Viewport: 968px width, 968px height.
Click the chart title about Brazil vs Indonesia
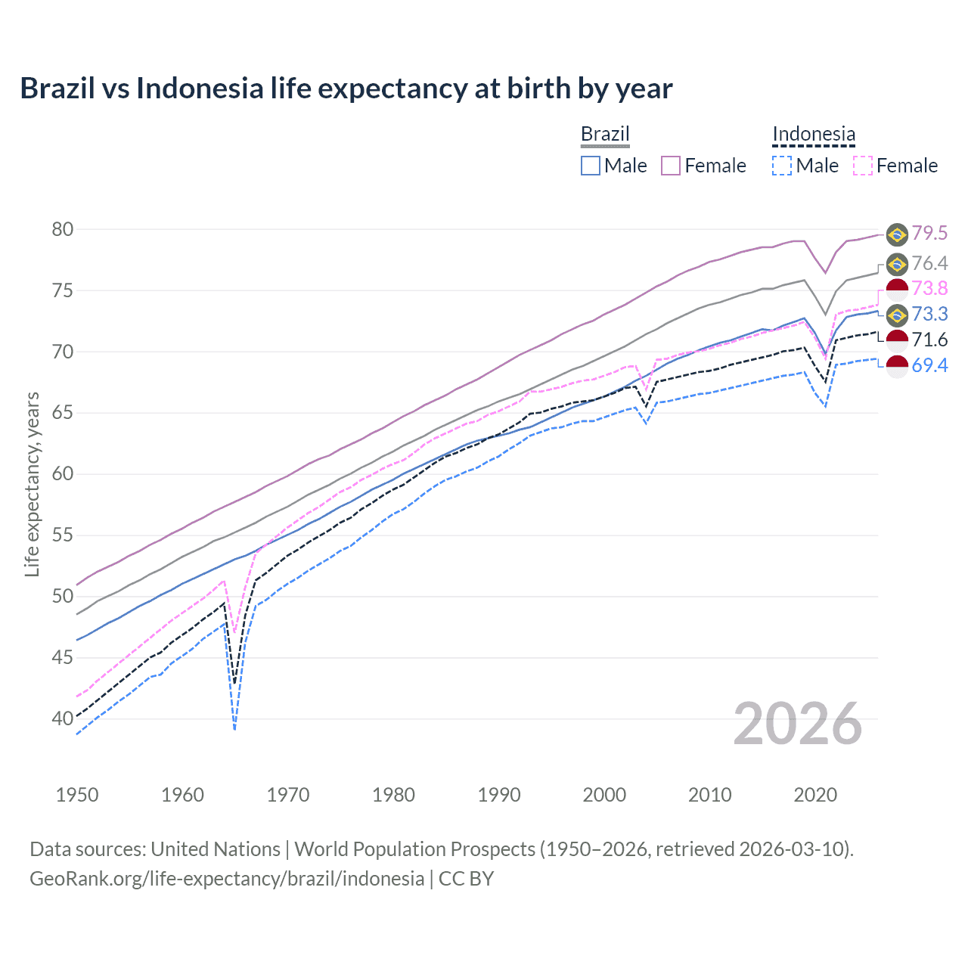pos(346,88)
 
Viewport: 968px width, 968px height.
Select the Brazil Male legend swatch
pos(591,166)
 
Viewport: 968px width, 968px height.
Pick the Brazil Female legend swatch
pos(671,166)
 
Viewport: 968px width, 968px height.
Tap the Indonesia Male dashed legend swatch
pos(782,166)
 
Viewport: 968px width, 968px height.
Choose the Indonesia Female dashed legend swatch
pos(862,166)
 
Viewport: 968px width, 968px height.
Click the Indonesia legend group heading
pos(814,135)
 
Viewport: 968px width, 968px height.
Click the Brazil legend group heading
pos(605,135)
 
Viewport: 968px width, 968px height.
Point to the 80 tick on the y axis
pos(62,229)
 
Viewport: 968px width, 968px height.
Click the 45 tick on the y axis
pos(62,658)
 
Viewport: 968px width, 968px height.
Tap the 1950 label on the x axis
pos(77,795)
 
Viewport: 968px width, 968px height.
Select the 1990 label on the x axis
pos(499,795)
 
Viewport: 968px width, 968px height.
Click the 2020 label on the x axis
pos(815,795)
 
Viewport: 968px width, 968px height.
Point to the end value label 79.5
pos(929,234)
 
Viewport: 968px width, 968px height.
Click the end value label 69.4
pos(929,366)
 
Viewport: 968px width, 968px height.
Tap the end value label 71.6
pos(929,340)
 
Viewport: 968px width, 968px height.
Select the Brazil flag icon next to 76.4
pos(897,264)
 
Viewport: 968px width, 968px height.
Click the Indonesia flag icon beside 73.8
pos(897,289)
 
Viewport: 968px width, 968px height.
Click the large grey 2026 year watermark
pos(798,724)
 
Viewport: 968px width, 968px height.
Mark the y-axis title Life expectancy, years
pos(32,484)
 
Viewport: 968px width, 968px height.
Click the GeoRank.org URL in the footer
pos(227,879)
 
